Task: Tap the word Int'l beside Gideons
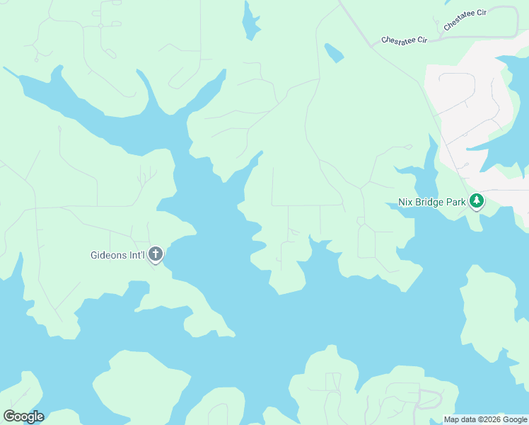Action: pos(137,255)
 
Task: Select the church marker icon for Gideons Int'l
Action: pos(156,254)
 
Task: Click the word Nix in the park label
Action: pos(405,202)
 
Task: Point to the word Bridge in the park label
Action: pos(430,202)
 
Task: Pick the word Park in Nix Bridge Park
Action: pos(457,202)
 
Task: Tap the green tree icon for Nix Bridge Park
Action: pos(477,201)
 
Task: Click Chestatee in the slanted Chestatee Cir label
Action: pos(458,21)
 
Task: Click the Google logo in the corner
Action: pos(23,416)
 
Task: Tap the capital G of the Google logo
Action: pos(8,416)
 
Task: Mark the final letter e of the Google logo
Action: pos(40,417)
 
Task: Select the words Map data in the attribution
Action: pos(460,420)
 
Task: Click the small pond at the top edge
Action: pos(250,23)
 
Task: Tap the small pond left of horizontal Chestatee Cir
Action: pos(334,53)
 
